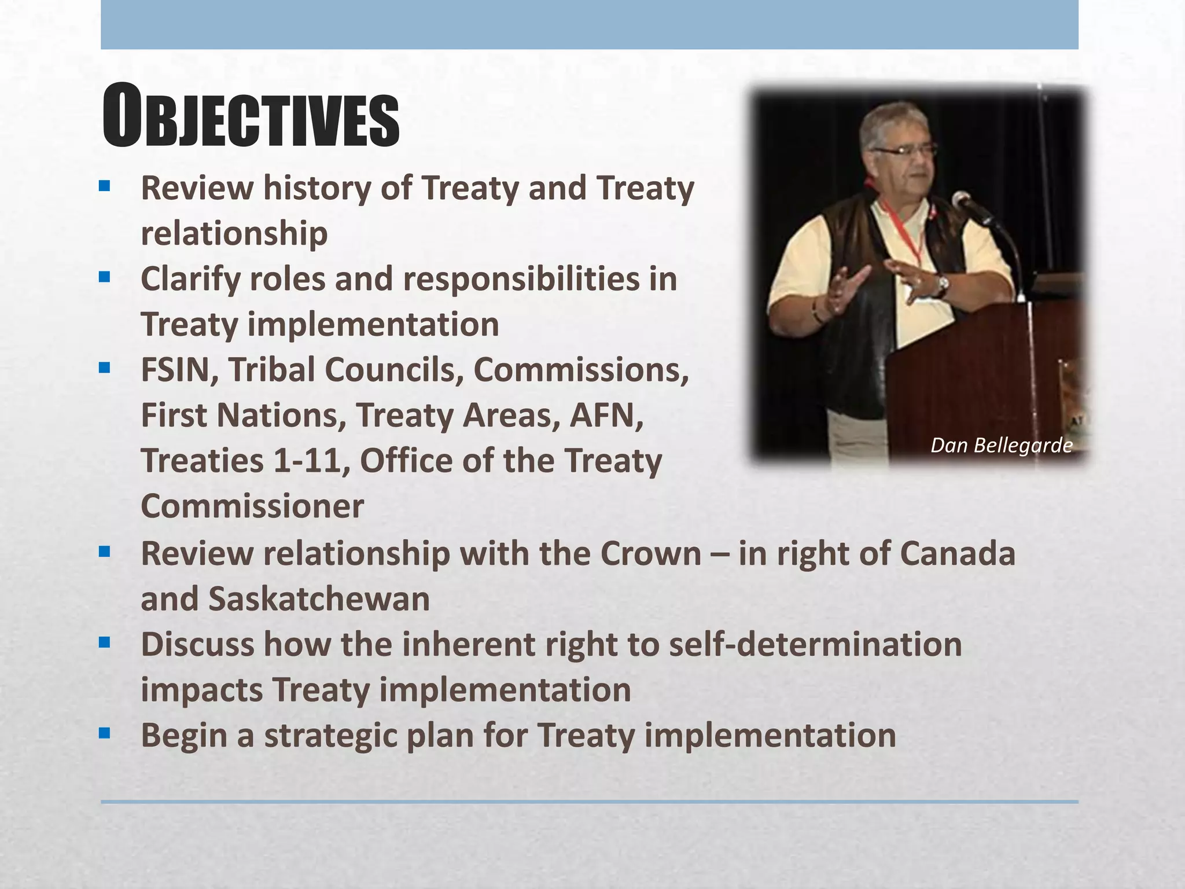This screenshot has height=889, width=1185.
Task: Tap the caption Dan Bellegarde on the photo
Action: pyautogui.click(x=1001, y=445)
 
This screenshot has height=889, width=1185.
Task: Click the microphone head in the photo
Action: pyautogui.click(x=961, y=200)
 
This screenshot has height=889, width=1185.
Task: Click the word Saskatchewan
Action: pyautogui.click(x=319, y=598)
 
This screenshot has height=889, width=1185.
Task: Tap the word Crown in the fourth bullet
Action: pyautogui.click(x=650, y=553)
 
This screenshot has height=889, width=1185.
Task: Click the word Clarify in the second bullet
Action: pyautogui.click(x=190, y=279)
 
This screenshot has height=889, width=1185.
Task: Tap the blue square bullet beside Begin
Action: pyautogui.click(x=104, y=734)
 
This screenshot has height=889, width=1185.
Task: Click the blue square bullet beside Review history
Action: pyautogui.click(x=104, y=186)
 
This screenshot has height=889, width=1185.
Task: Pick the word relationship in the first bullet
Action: pyautogui.click(x=234, y=233)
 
